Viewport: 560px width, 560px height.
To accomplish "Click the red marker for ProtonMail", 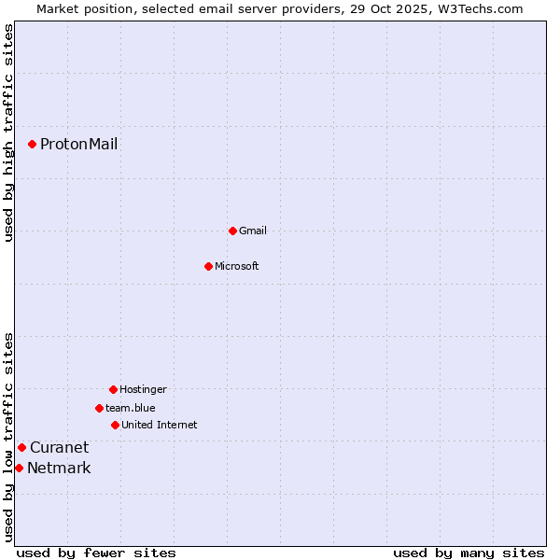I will (x=32, y=144).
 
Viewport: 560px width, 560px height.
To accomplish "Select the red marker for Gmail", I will (x=232, y=231).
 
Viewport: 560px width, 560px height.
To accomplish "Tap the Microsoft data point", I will (x=208, y=266).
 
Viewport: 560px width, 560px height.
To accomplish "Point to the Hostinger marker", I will (x=113, y=389).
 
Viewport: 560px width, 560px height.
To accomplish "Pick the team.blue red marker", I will (x=99, y=408).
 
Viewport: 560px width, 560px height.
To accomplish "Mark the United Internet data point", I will (x=115, y=425).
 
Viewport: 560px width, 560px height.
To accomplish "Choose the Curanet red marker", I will (x=21, y=447).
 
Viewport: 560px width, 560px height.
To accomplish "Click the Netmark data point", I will (x=19, y=468).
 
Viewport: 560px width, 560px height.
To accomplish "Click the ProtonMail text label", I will (x=78, y=144).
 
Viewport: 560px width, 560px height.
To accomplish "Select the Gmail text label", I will (x=253, y=231).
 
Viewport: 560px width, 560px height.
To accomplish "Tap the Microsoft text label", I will (x=237, y=266).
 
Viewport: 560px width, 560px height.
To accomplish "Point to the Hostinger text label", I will (x=143, y=389).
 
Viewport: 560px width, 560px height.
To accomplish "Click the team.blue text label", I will (x=131, y=408).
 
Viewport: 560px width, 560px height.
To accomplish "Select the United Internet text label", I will (x=160, y=425).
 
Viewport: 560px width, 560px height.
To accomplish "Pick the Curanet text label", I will (x=59, y=447).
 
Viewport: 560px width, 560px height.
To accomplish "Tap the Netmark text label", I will (x=59, y=468).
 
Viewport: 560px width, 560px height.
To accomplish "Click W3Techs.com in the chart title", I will (x=478, y=8).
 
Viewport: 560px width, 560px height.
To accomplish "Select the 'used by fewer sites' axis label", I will (x=96, y=553).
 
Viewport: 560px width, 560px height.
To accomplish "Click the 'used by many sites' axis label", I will (x=469, y=553).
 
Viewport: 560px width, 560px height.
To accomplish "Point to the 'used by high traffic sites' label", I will (x=8, y=133).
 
